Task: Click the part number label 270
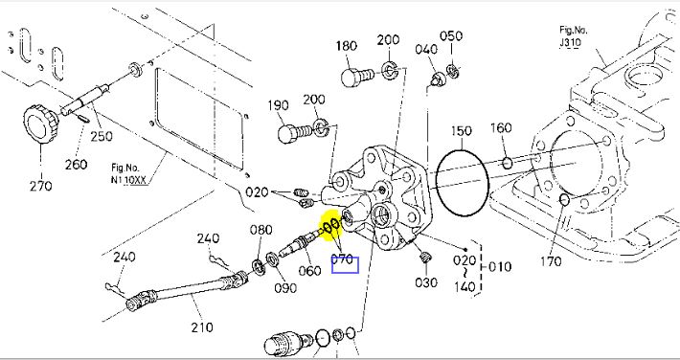click(41, 186)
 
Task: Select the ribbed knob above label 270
click(41, 124)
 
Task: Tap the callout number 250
click(102, 136)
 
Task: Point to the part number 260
click(76, 165)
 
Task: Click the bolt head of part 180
click(351, 78)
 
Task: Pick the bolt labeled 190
click(295, 132)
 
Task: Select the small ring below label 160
click(508, 164)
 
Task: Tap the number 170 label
click(552, 261)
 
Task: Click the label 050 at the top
click(451, 36)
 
